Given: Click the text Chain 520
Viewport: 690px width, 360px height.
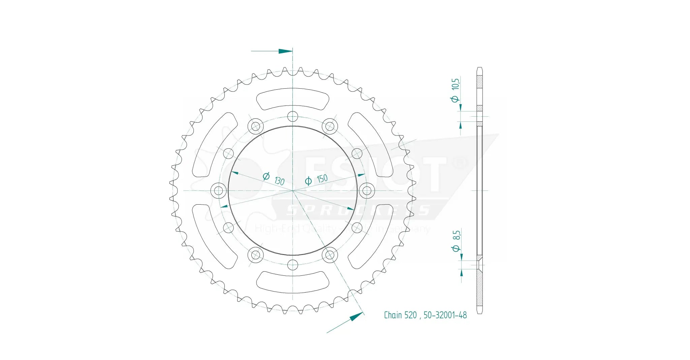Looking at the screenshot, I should tap(400, 315).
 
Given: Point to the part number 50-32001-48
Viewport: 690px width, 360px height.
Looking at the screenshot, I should tap(445, 315).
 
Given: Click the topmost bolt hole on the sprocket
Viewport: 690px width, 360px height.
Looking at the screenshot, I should tap(293, 117).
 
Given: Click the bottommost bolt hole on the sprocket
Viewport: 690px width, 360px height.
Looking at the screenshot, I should tap(293, 265).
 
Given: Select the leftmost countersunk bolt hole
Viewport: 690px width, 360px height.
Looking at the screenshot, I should tap(219, 190).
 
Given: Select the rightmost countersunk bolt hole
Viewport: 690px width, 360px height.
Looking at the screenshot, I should tap(367, 190).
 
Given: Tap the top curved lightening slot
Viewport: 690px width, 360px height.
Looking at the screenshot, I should tap(292, 99).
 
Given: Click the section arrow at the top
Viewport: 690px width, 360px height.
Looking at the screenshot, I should tap(285, 51).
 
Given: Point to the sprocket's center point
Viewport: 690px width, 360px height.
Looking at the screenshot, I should tap(293, 191).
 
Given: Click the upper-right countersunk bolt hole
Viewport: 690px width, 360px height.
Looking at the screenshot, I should tap(330, 126).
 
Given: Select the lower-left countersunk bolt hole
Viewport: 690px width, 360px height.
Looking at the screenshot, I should tap(256, 255).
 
